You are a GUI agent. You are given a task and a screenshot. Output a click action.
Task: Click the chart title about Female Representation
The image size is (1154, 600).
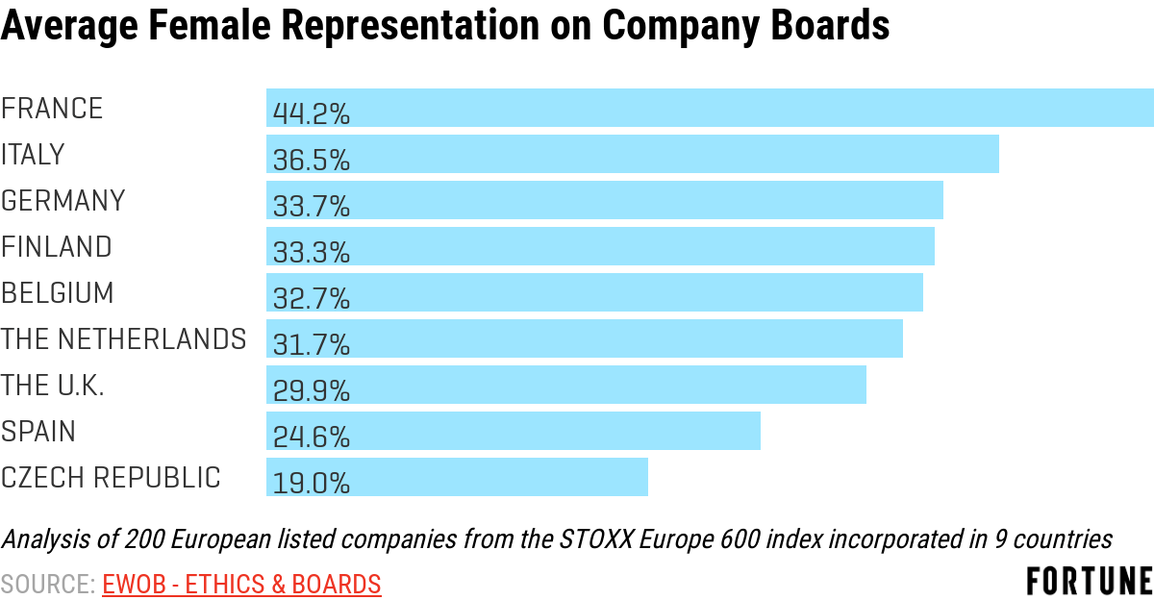point(444,28)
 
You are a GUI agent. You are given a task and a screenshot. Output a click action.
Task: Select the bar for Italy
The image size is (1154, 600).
point(673,154)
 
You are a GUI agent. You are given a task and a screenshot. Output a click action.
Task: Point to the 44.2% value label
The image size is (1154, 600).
point(311,114)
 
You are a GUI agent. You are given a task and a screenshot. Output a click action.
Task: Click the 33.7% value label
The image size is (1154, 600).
point(311,207)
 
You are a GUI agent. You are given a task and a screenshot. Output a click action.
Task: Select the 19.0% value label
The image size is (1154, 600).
point(311,484)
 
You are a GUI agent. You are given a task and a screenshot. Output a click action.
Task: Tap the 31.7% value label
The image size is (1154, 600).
point(311,345)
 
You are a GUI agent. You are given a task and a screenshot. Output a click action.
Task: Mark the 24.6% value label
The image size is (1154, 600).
point(311,437)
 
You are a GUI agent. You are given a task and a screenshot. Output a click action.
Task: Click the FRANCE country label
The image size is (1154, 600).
point(52,109)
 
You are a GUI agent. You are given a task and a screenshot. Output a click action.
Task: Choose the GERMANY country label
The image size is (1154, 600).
point(63,201)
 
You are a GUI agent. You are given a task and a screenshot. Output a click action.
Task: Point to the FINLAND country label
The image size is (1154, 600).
point(57,247)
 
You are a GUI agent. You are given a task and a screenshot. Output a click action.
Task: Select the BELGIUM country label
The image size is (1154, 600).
point(58,293)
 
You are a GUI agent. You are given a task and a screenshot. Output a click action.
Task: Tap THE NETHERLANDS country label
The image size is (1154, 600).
point(123,339)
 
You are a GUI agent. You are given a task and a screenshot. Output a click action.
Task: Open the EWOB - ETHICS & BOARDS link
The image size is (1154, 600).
point(241,584)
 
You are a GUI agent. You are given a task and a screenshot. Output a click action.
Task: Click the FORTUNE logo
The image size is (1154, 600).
point(1089,581)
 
